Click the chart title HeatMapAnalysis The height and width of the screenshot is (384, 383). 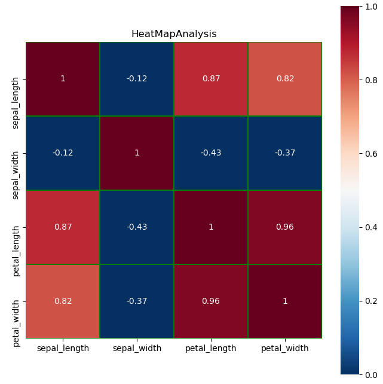click(174, 34)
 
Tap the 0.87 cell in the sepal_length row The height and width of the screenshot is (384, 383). click(211, 79)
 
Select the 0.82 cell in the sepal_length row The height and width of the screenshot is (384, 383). click(285, 79)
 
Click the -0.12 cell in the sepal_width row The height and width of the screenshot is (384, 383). click(63, 153)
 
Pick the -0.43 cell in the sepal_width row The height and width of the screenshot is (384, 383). click(211, 153)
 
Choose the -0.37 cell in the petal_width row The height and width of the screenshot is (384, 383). click(137, 301)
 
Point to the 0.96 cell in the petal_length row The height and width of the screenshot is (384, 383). click(285, 227)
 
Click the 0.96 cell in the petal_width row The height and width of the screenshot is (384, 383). click(211, 301)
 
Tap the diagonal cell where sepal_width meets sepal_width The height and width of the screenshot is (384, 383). click(137, 153)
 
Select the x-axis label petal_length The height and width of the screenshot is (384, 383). click(211, 348)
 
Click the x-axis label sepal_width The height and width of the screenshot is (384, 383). click(137, 348)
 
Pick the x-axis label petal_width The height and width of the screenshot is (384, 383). click(285, 348)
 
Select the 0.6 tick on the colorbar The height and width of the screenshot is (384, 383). click(371, 154)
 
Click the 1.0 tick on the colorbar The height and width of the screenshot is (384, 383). click(371, 6)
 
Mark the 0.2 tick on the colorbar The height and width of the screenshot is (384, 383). click(371, 301)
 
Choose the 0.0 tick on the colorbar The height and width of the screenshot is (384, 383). click(371, 374)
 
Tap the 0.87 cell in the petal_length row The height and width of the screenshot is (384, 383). click(63, 227)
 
